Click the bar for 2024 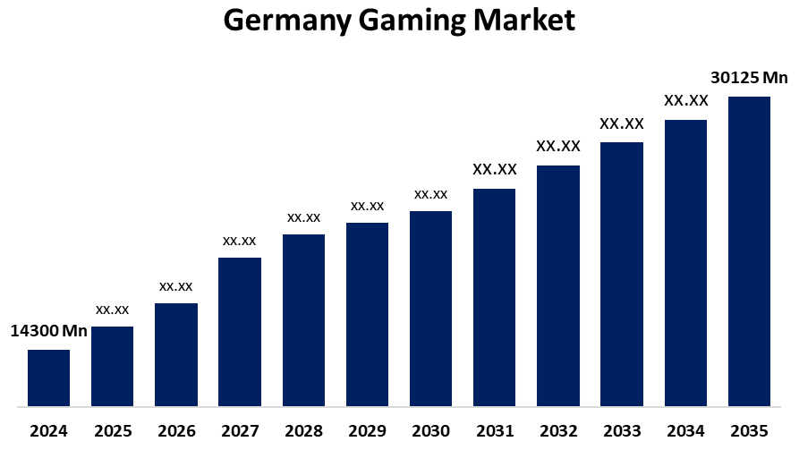point(48,378)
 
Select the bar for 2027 point(240,331)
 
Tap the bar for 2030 point(430,308)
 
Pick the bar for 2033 point(622,274)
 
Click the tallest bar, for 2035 point(749,250)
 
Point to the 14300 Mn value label point(48,331)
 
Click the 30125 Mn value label point(749,77)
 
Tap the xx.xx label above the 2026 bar point(176,286)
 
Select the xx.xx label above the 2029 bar point(367,206)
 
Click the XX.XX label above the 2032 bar point(558,146)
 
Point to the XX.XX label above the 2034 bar point(686,100)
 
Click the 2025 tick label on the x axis point(112,431)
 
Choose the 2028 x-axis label point(303,431)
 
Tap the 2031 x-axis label point(495,431)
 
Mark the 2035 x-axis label point(749,431)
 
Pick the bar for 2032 point(558,285)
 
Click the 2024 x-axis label point(48,431)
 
